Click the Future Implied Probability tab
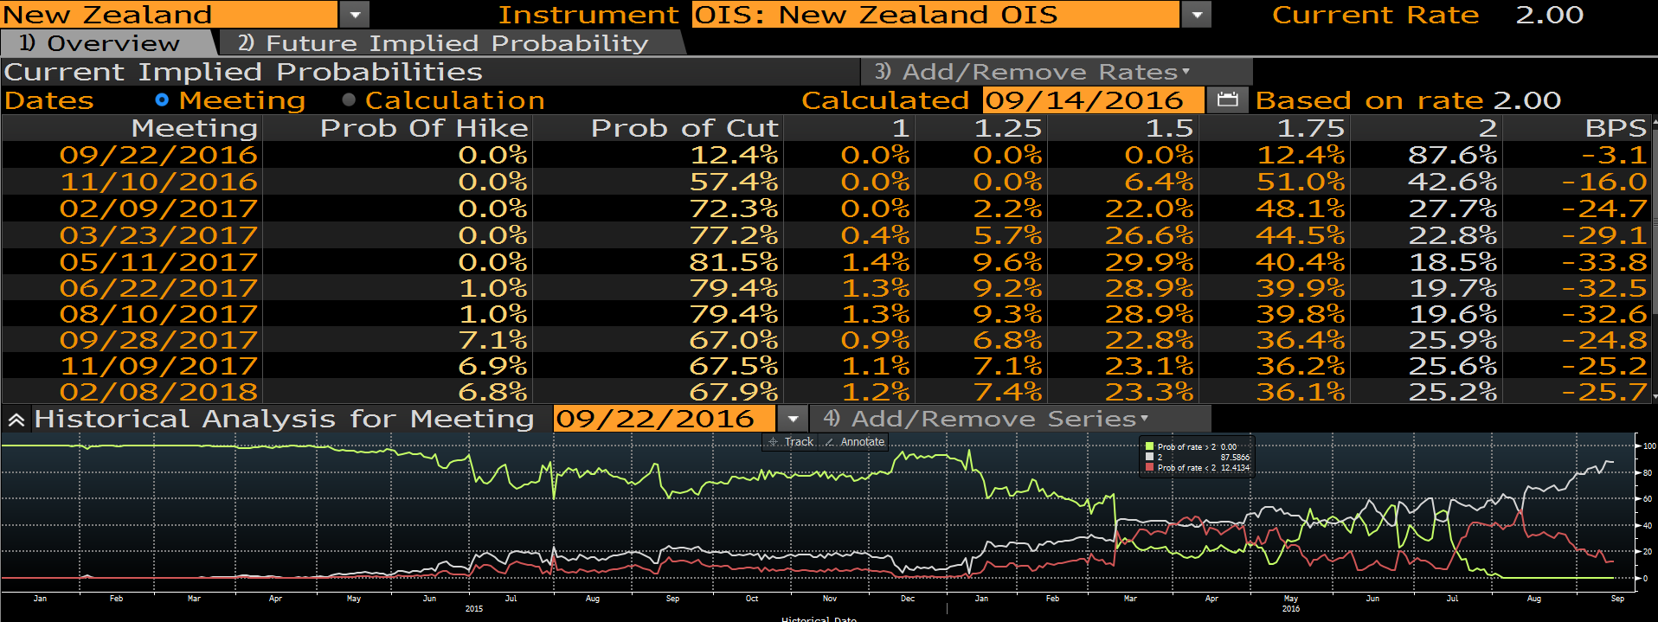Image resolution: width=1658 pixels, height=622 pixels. point(442,43)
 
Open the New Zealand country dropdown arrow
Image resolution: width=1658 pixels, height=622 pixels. point(354,15)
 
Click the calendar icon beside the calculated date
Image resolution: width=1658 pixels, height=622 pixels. point(1227,100)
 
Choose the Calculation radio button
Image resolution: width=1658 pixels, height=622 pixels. point(349,100)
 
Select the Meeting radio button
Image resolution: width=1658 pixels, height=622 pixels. point(162,100)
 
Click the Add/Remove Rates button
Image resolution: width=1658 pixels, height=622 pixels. point(1056,72)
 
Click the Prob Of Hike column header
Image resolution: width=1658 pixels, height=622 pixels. point(423,128)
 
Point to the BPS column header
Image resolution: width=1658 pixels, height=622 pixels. point(1615,128)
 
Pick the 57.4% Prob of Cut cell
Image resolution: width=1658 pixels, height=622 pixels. point(733,182)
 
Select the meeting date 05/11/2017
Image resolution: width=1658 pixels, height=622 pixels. point(158,262)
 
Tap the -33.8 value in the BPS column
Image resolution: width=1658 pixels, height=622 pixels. point(1603,262)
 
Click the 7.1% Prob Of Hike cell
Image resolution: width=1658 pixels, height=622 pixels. point(492,340)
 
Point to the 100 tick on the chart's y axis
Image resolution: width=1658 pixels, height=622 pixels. point(1649,446)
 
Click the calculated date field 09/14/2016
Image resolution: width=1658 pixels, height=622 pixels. point(1092,100)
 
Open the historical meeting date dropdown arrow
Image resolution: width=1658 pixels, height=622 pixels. point(793,419)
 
